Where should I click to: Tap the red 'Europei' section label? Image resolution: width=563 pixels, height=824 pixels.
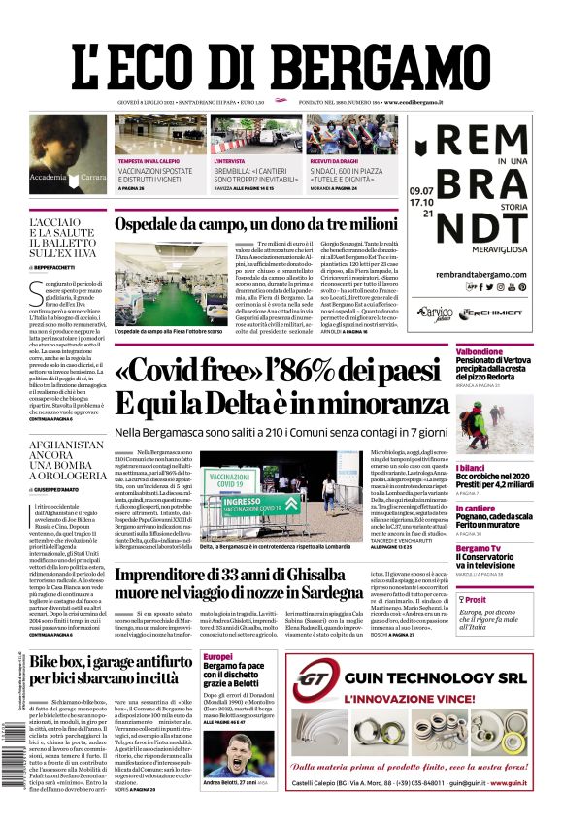(218, 657)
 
